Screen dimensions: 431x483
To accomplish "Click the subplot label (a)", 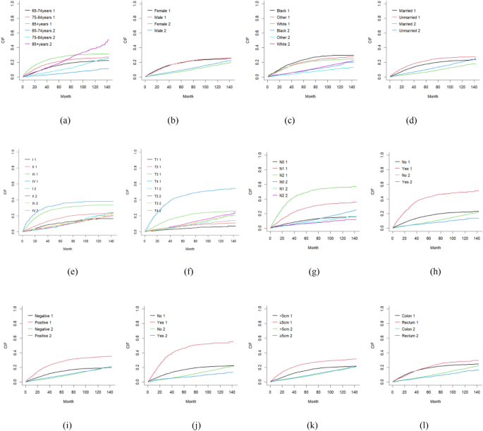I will click(65, 120).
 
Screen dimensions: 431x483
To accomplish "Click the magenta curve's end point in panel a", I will click(109, 40).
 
